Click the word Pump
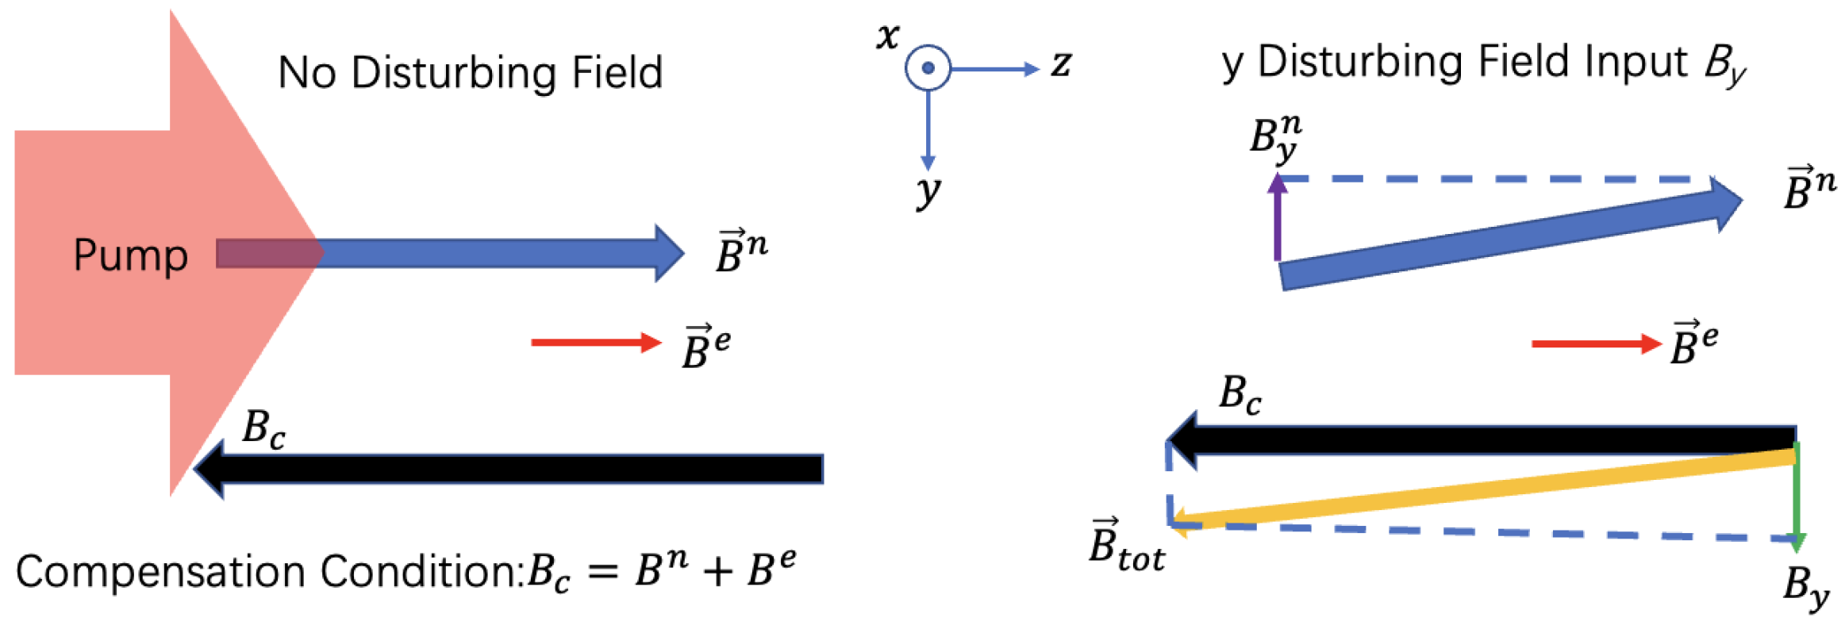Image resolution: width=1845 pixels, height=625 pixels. pos(130,255)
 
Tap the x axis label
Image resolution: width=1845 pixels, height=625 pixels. pos(888,36)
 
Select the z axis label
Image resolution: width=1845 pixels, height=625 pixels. pos(1061,63)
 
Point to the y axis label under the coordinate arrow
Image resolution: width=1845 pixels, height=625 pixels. pos(928,191)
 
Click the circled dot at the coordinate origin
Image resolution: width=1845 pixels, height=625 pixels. pos(927,67)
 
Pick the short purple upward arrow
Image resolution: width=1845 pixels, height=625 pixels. pos(1277,217)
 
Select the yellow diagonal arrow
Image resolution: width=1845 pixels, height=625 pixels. pos(1484,488)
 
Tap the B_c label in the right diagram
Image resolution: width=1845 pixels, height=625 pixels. pos(1240,394)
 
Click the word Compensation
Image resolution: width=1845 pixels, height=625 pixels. pos(159,572)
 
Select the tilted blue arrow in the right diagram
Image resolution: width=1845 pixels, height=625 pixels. pos(1508,238)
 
